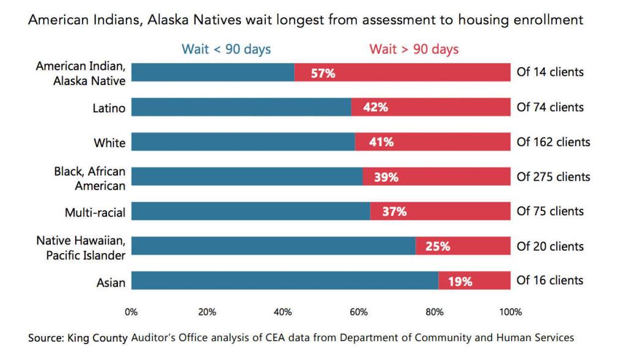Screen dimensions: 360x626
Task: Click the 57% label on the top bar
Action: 323,73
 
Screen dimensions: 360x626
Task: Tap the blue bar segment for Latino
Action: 241,108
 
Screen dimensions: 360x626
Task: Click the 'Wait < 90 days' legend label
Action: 226,50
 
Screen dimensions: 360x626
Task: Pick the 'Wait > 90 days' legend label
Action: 414,50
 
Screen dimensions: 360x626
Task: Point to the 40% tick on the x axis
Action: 283,312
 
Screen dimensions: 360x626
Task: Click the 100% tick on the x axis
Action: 510,312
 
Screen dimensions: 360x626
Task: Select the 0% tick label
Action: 131,312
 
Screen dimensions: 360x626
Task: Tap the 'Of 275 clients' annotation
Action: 553,177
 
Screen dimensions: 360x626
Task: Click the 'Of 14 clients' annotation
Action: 550,72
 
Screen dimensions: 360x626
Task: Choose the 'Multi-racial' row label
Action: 95,213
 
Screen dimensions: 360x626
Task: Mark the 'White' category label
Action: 109,143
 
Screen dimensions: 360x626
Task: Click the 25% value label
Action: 438,246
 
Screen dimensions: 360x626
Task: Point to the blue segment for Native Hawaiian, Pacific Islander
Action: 273,246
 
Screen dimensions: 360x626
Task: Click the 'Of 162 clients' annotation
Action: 553,142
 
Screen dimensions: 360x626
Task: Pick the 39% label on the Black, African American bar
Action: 386,177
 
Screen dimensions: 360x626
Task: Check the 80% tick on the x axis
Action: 435,312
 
